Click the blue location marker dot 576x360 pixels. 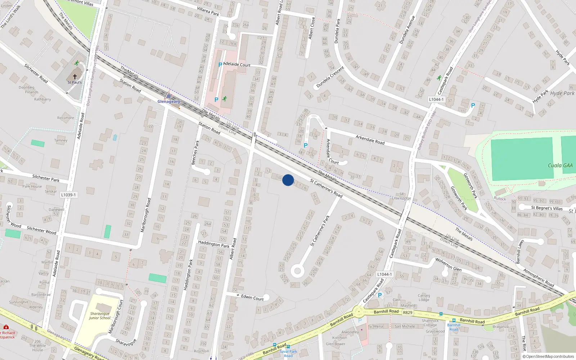[x=288, y=180]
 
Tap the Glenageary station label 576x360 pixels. [x=168, y=102]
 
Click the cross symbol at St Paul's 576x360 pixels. [x=75, y=77]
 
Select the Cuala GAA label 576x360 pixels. [x=560, y=166]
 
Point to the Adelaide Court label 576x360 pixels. [x=237, y=65]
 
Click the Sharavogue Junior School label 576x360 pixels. [x=100, y=316]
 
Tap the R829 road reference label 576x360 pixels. [x=408, y=312]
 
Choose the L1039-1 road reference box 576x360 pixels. [x=68, y=195]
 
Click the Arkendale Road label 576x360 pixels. [x=370, y=140]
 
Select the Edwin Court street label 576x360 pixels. [x=252, y=297]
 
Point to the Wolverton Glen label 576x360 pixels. [x=448, y=264]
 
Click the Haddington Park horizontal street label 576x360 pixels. [x=214, y=244]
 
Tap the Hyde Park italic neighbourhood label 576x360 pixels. [x=562, y=93]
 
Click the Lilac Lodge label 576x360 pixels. [x=401, y=198]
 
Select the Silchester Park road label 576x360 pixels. [x=46, y=178]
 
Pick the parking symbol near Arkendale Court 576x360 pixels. [x=306, y=145]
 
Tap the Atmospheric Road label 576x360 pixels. [x=539, y=278]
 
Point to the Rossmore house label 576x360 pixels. [x=66, y=118]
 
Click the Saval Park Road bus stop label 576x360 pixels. [x=288, y=354]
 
